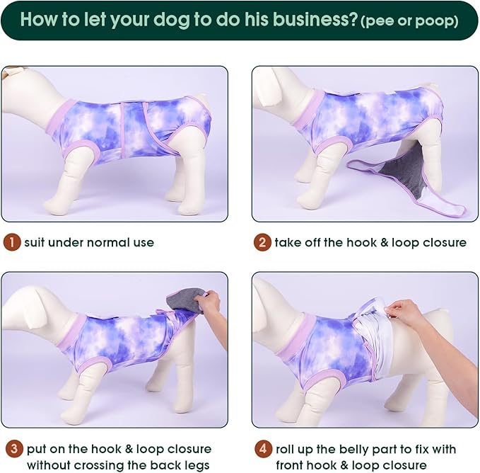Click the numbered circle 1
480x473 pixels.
pyautogui.click(x=12, y=242)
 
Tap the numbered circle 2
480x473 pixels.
pyautogui.click(x=262, y=242)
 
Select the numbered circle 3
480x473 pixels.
pyautogui.click(x=13, y=449)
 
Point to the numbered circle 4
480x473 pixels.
pyautogui.click(x=263, y=449)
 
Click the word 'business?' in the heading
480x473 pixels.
pyautogui.click(x=315, y=19)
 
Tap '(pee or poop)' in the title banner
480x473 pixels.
pyautogui.click(x=409, y=21)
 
